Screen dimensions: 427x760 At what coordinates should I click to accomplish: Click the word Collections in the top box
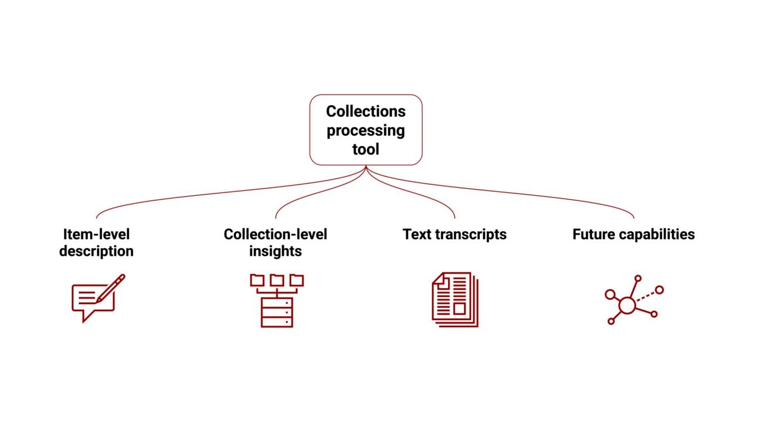tap(366, 111)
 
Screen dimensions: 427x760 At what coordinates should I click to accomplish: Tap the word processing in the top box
tap(366, 131)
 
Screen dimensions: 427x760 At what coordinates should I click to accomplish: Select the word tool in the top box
tap(366, 149)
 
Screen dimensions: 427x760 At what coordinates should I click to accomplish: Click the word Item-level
tap(96, 234)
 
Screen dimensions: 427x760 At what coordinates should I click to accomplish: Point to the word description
tap(96, 251)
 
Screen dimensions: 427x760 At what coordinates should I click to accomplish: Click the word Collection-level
tap(275, 234)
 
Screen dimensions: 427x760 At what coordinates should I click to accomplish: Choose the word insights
tap(275, 251)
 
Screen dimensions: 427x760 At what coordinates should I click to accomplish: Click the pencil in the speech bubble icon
tap(111, 287)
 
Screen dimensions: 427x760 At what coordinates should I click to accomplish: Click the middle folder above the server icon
tap(276, 280)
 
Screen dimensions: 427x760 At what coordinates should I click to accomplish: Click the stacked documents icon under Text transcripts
tap(455, 299)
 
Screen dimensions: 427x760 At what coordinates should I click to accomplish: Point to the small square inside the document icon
tap(459, 308)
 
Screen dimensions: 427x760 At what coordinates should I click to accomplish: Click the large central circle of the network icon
tap(627, 305)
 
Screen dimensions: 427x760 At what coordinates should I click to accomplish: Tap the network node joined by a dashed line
tap(659, 290)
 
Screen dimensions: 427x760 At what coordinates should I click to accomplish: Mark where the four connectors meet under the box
tap(366, 167)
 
